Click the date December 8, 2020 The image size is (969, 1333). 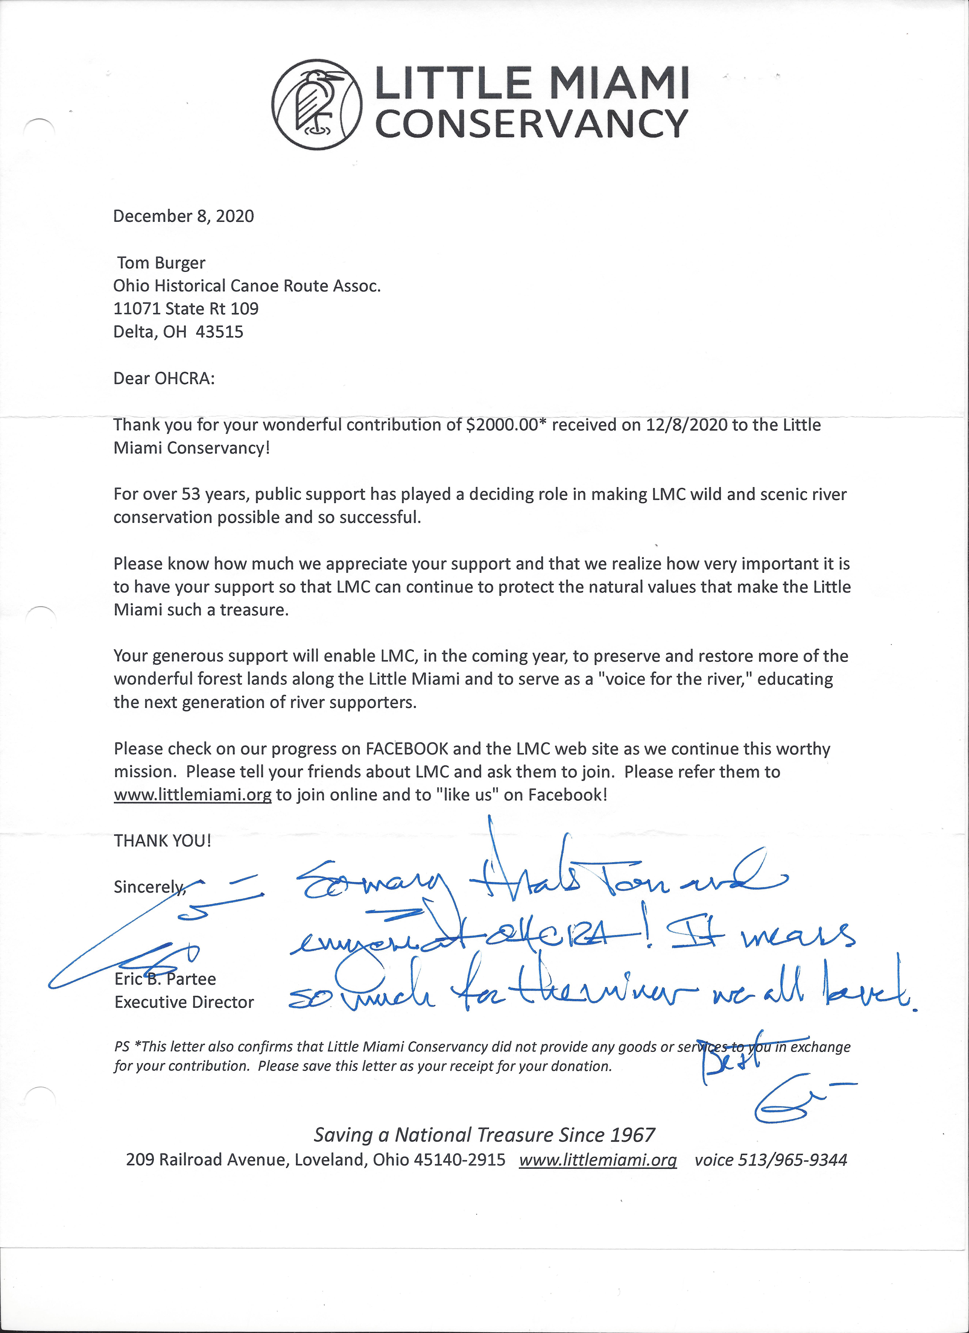(x=183, y=216)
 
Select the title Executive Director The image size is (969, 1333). (x=184, y=1002)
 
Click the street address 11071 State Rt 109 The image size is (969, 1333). (x=186, y=309)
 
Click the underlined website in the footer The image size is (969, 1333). (x=598, y=1160)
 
